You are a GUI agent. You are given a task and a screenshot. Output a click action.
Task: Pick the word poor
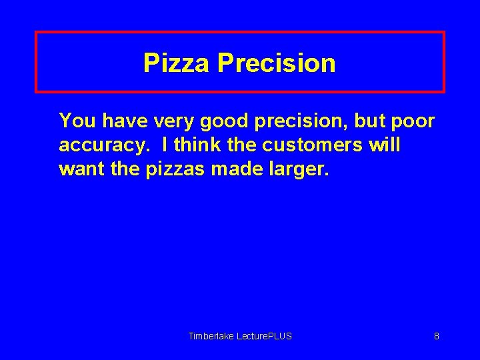pyautogui.click(x=412, y=122)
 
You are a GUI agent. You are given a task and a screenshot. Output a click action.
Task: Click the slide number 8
pyautogui.click(x=437, y=336)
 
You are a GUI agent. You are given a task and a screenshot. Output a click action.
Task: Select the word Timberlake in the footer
pyautogui.click(x=209, y=336)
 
